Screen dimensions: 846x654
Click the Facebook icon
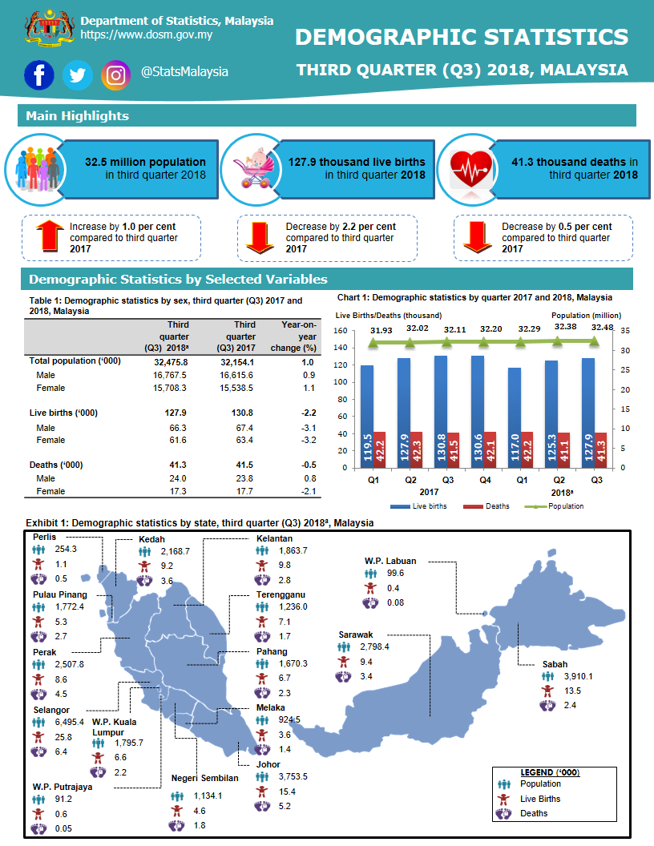(x=39, y=75)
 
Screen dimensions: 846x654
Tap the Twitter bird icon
(x=78, y=75)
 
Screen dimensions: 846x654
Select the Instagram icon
(x=116, y=75)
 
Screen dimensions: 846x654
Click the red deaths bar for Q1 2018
(x=527, y=449)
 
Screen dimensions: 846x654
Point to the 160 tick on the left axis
(x=340, y=331)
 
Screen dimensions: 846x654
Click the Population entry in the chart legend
(x=566, y=506)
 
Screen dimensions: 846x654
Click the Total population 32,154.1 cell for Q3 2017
(x=236, y=361)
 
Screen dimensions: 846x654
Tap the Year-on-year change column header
(x=300, y=336)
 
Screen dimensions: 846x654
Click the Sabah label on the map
(x=555, y=664)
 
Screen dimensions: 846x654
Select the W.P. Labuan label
(x=390, y=561)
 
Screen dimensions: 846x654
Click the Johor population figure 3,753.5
(x=293, y=776)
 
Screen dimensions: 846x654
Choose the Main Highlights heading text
(x=77, y=116)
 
